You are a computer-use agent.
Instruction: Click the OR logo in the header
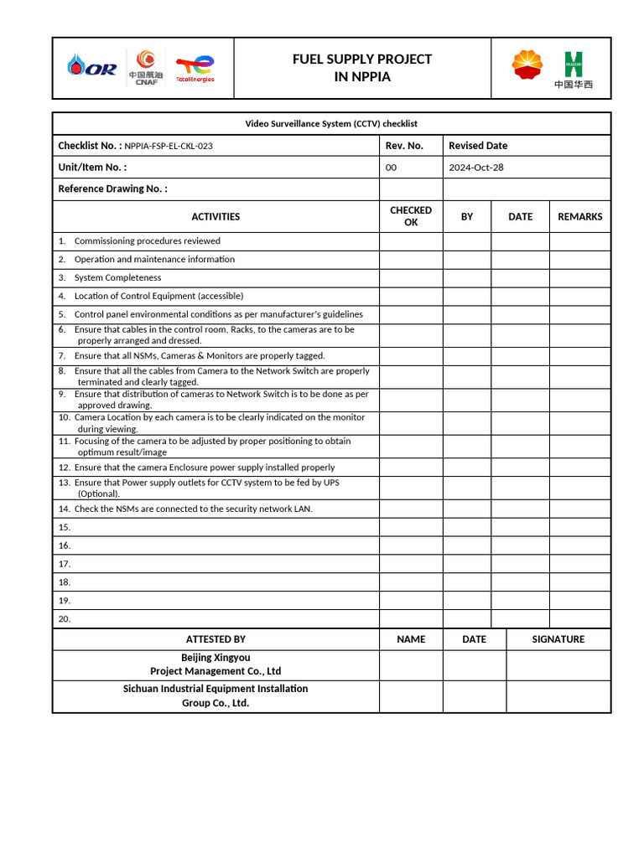(x=93, y=66)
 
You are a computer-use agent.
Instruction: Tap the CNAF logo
(x=146, y=67)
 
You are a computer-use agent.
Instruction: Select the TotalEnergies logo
(x=195, y=67)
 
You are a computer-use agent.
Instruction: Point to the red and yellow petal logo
(x=527, y=65)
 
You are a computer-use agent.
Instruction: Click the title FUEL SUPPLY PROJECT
(x=361, y=59)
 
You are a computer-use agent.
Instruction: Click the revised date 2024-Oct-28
(x=475, y=168)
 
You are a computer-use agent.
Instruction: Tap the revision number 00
(x=391, y=168)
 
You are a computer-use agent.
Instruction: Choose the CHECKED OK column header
(x=411, y=216)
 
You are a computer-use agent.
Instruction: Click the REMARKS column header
(x=579, y=216)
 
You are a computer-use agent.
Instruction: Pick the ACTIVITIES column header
(x=216, y=216)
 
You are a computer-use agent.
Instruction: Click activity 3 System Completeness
(x=117, y=277)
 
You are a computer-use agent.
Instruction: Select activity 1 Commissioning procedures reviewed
(x=147, y=240)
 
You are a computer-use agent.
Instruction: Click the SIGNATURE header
(x=558, y=639)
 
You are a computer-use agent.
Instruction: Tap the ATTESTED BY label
(x=216, y=639)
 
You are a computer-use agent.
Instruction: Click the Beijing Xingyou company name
(x=216, y=658)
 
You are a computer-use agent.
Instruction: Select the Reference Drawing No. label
(x=112, y=189)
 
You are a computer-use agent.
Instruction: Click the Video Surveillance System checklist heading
(x=331, y=124)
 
